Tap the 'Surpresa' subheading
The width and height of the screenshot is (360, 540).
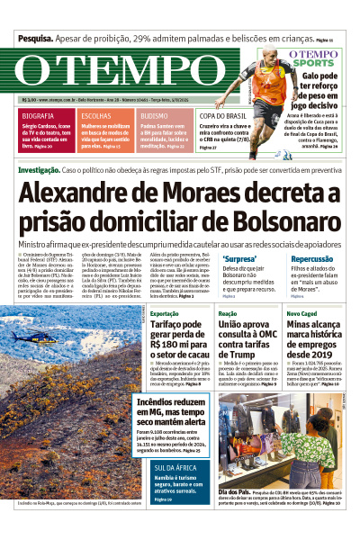[x=239, y=257]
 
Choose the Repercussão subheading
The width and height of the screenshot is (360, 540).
[x=311, y=257]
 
